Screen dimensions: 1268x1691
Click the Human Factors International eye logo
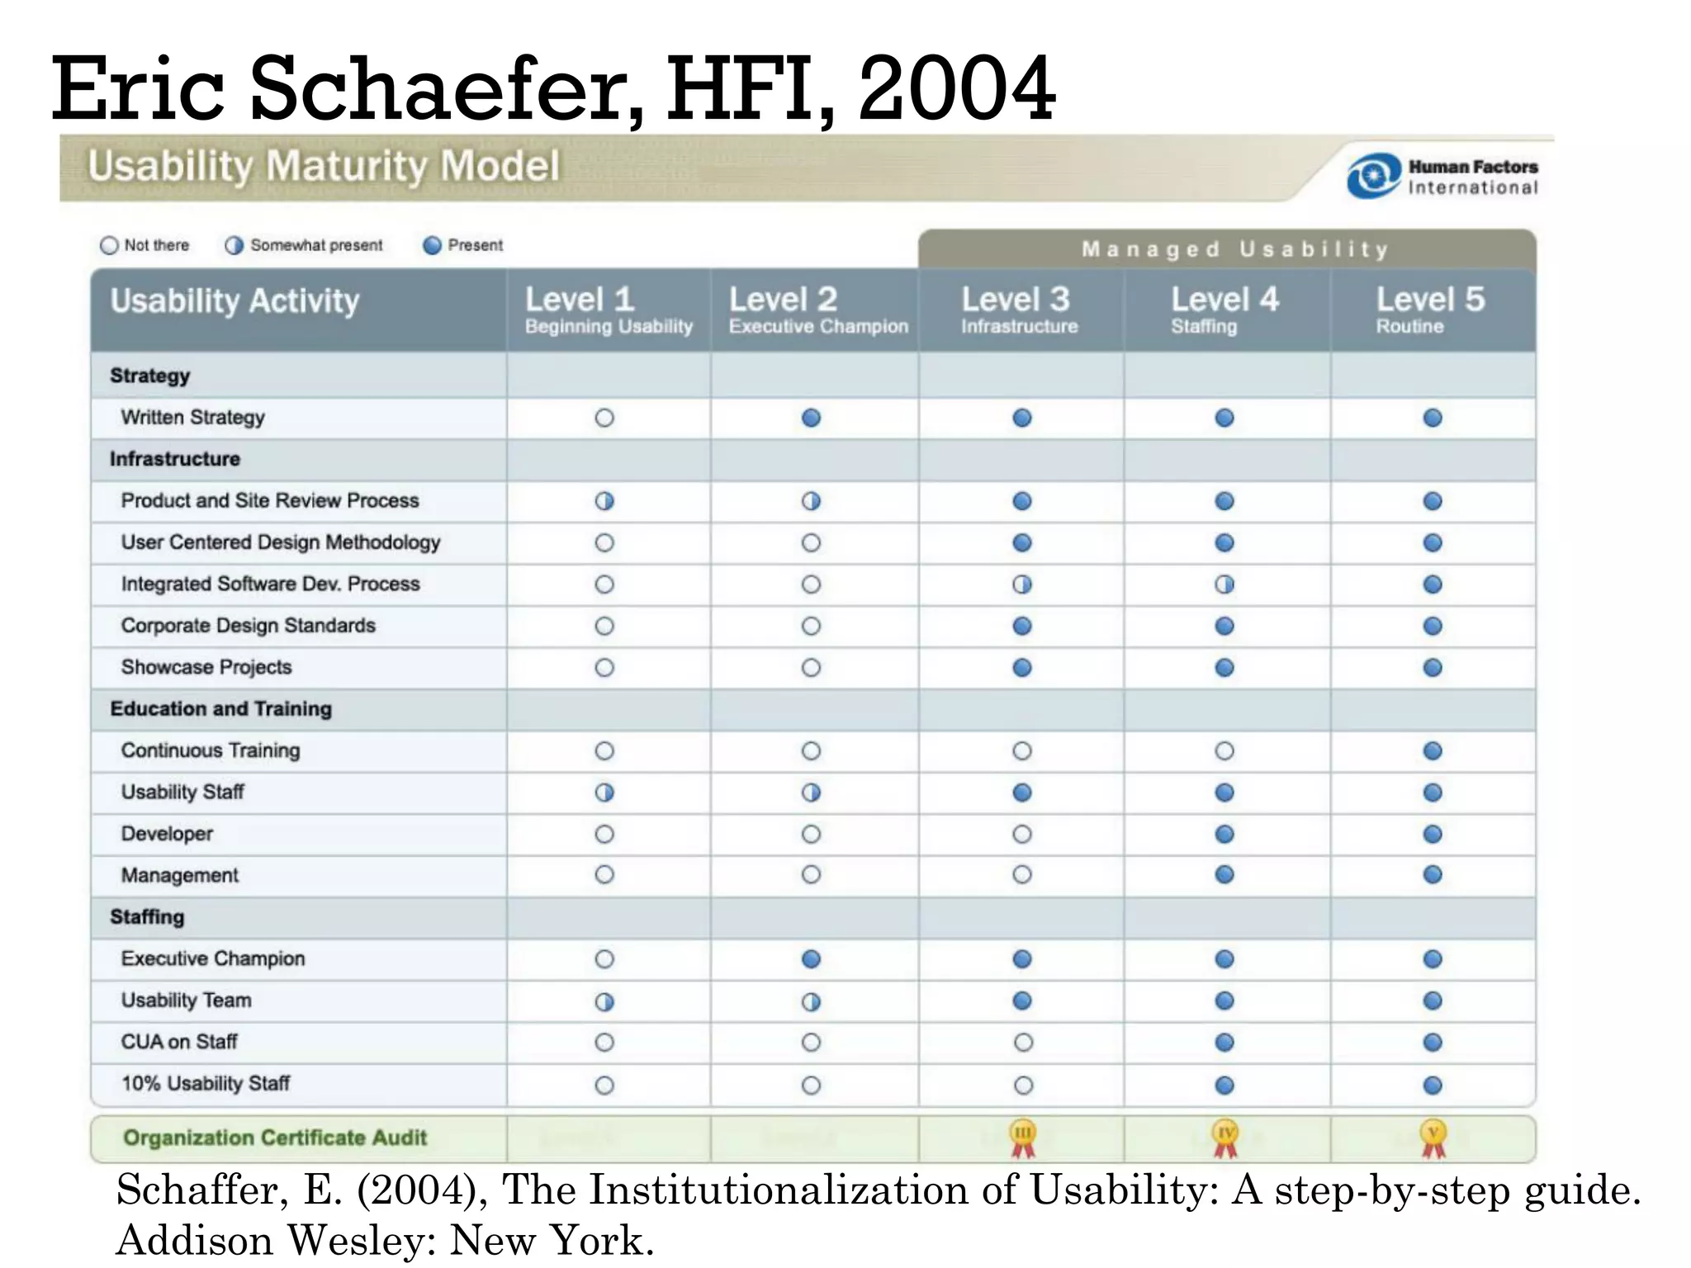[x=1373, y=176]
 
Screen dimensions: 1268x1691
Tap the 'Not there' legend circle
[x=109, y=245]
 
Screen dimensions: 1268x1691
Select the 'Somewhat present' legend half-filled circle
[x=234, y=245]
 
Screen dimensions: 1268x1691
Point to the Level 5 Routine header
[x=1430, y=310]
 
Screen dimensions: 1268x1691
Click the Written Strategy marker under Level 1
[x=604, y=418]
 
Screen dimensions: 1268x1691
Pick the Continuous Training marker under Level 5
[x=1433, y=750]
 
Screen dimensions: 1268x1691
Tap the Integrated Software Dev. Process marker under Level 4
[x=1224, y=584]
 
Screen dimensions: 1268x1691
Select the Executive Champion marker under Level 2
[x=811, y=958]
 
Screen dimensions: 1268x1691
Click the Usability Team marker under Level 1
[x=604, y=1001]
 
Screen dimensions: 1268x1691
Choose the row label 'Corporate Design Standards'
[x=248, y=626]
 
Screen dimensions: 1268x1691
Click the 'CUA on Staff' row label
[x=179, y=1042]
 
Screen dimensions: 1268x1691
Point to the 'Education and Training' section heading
[x=220, y=709]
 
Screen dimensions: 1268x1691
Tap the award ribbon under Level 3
[x=1022, y=1138]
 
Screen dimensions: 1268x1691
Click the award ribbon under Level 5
[x=1433, y=1138]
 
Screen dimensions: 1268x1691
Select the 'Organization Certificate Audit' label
[x=275, y=1138]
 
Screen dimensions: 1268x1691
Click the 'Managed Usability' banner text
[x=1235, y=249]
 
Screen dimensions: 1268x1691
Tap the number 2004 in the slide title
[x=956, y=89]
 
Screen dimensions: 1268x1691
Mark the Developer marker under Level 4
[x=1224, y=834]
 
